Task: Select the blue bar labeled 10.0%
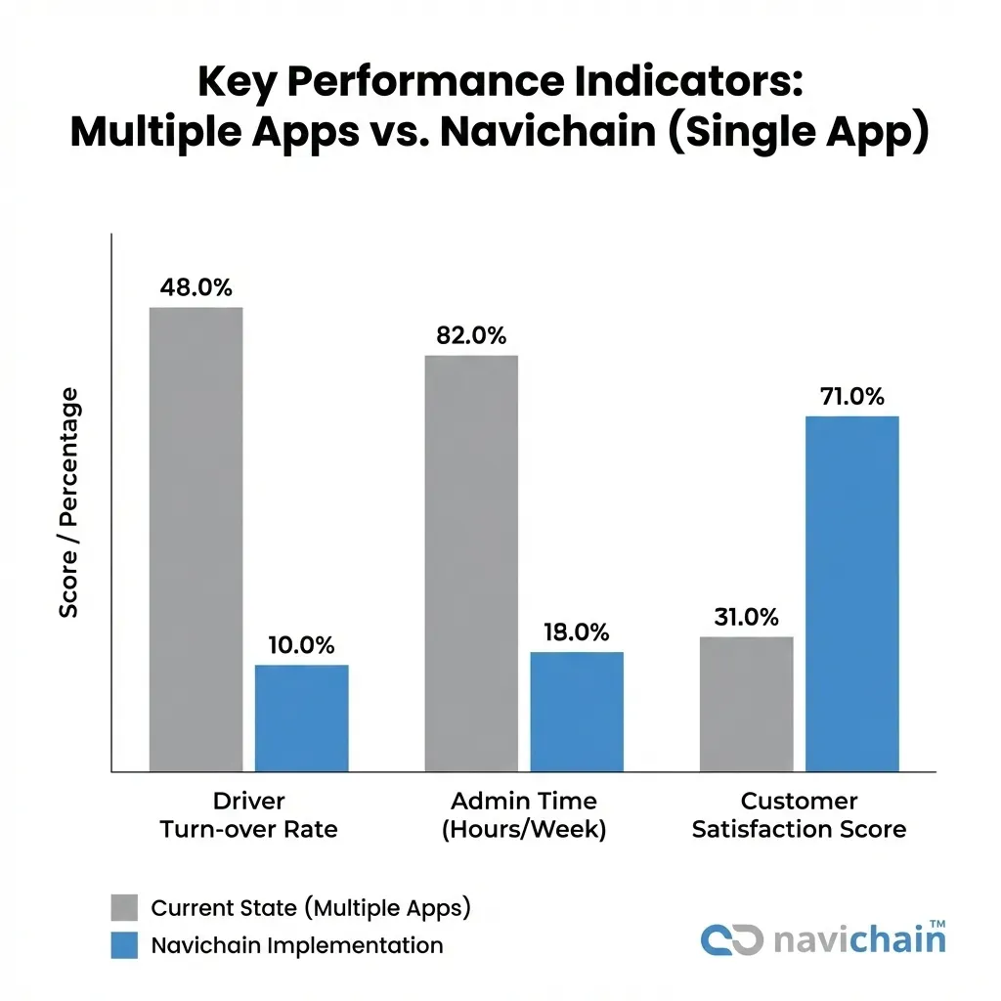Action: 302,718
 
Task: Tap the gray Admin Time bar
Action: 470,563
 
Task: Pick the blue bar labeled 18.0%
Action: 577,712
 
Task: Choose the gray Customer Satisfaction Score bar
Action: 745,704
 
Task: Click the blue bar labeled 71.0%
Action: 851,593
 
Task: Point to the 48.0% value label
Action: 196,288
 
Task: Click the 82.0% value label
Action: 470,336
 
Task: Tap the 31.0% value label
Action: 745,618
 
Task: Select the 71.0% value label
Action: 851,397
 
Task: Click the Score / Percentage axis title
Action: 68,502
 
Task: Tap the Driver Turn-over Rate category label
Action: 248,815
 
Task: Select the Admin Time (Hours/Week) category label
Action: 524,815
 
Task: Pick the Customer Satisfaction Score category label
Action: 799,815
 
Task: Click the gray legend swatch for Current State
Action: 124,908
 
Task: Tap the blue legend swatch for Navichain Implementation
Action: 124,945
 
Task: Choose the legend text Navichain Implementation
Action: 297,945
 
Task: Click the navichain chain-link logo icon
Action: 731,939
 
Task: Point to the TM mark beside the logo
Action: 936,923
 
